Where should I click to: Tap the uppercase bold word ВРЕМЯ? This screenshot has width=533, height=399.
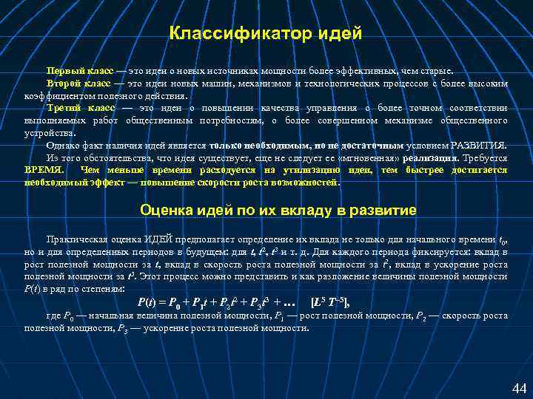pos(44,170)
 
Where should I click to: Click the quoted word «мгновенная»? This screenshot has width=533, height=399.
pos(368,157)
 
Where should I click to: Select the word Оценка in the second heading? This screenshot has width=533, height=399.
pos(164,211)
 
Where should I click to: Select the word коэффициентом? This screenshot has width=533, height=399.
pos(57,95)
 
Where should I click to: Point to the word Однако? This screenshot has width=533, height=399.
pos(63,145)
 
